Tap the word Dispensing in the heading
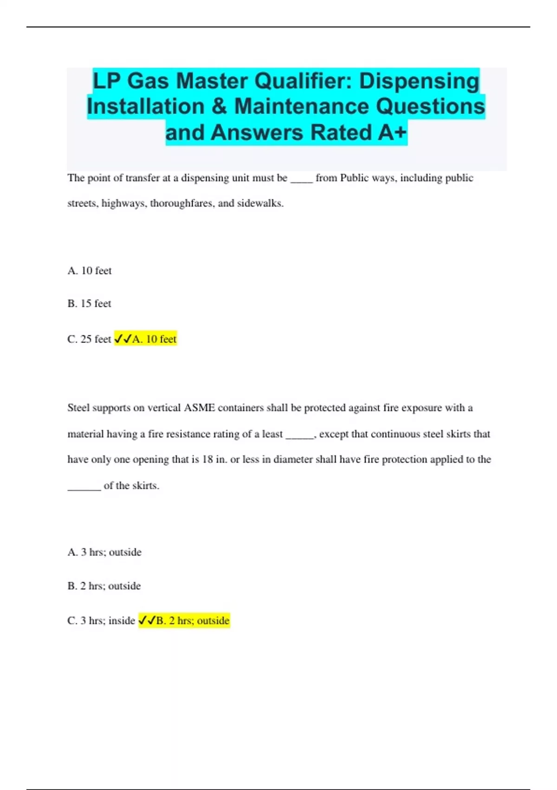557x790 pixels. tap(419, 81)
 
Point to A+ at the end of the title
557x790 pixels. tap(392, 132)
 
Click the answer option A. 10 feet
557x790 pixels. tap(90, 270)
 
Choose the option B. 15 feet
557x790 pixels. tap(89, 303)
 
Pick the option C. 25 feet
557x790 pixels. tap(89, 339)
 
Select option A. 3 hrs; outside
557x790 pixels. tap(104, 552)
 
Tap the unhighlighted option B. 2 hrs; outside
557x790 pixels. tap(104, 586)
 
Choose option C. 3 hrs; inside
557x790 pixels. tap(101, 621)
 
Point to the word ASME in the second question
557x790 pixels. tap(200, 408)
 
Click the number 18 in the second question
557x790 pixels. tap(207, 460)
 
